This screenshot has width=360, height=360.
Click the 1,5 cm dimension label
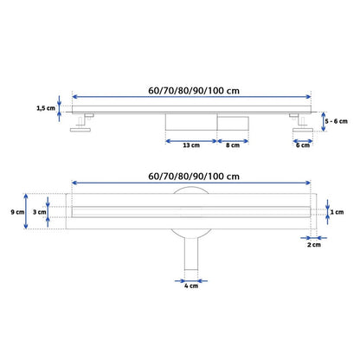[46, 108]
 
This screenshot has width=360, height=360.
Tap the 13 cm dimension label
[191, 145]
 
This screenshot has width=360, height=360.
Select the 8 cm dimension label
[233, 145]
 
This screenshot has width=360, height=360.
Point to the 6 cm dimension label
[303, 145]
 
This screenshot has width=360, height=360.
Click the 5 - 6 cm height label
[337, 121]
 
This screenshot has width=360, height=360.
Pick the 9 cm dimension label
[17, 212]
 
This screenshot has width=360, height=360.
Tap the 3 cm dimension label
[39, 212]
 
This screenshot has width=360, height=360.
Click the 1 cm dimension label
[337, 212]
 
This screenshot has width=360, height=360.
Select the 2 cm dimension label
[314, 245]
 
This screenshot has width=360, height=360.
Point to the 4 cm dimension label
[191, 286]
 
